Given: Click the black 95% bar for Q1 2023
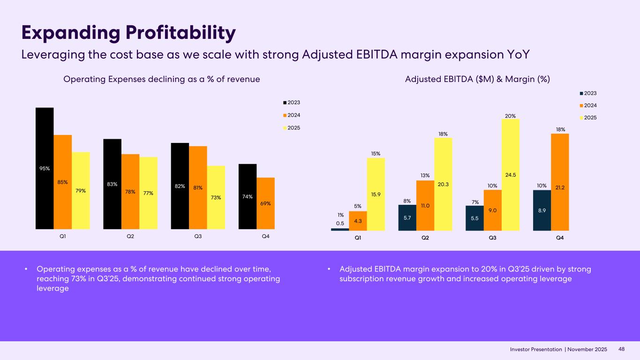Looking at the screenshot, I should (x=45, y=168).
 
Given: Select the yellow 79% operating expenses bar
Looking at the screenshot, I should (x=81, y=190).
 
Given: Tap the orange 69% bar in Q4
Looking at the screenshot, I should (x=266, y=203).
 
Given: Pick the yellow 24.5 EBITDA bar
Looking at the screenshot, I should (x=511, y=174).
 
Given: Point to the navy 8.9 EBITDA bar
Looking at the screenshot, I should (x=542, y=210).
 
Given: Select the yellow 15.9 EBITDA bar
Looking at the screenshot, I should (x=376, y=194).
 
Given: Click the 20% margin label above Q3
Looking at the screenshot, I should (x=511, y=115).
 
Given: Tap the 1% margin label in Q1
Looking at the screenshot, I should (x=340, y=215).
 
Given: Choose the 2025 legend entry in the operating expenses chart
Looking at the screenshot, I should (x=294, y=127).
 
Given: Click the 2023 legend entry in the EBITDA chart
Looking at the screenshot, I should (x=590, y=93).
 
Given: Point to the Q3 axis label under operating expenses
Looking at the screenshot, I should (x=198, y=236).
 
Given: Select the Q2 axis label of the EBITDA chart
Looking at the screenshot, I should (x=425, y=238).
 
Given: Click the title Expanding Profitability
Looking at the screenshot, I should (x=128, y=33).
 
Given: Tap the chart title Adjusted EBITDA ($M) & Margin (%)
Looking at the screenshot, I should (x=477, y=80).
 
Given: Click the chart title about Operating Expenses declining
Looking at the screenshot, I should (x=161, y=80).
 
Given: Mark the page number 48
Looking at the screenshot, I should (x=622, y=349).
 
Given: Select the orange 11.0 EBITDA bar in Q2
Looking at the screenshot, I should (x=425, y=205).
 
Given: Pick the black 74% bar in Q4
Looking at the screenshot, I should (x=248, y=197).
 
